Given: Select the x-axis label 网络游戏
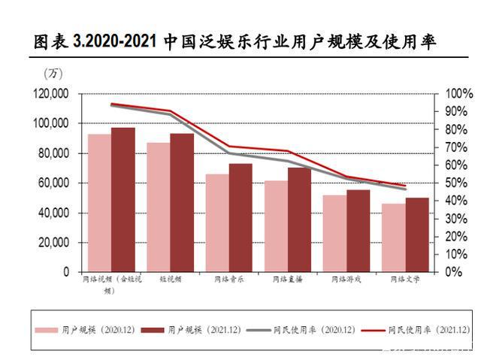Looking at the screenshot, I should (342, 280).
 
